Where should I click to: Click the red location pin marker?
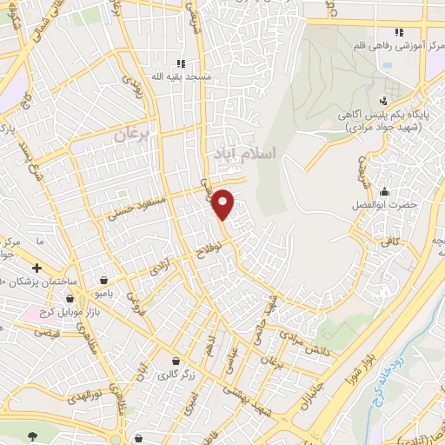[223, 203]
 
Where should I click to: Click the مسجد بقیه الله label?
[183, 76]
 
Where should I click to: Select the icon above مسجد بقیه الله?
[182, 63]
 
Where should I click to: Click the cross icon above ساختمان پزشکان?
[37, 268]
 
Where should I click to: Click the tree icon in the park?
[34, 435]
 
